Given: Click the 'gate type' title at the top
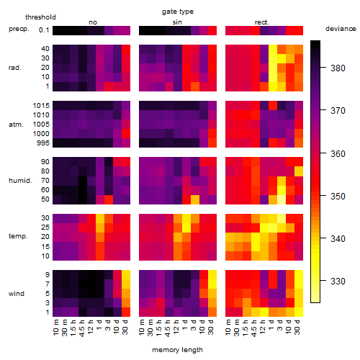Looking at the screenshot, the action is pyautogui.click(x=178, y=12).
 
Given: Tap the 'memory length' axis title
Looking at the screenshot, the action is pyautogui.click(x=177, y=350).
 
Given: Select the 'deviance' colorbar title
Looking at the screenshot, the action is pyautogui.click(x=341, y=29).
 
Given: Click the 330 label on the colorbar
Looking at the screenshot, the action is pyautogui.click(x=338, y=281).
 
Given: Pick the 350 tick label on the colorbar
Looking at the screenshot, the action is pyautogui.click(x=338, y=196).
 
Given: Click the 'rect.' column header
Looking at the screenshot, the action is pyautogui.click(x=261, y=22).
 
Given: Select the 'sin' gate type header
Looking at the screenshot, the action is pyautogui.click(x=177, y=22).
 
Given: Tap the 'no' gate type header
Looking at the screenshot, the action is pyautogui.click(x=93, y=22).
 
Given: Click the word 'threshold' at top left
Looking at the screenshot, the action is pyautogui.click(x=40, y=17).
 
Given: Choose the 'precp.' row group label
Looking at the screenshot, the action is pyautogui.click(x=19, y=29).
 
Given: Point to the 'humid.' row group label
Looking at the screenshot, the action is pyautogui.click(x=20, y=181).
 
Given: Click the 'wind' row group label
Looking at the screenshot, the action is pyautogui.click(x=17, y=294).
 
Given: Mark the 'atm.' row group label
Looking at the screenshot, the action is pyautogui.click(x=16, y=125).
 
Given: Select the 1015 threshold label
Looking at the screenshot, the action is pyautogui.click(x=41, y=105).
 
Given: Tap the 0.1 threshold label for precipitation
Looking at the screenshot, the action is pyautogui.click(x=44, y=30).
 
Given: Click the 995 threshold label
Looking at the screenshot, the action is pyautogui.click(x=43, y=143).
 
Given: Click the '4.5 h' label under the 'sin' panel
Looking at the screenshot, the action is pyautogui.click(x=167, y=328).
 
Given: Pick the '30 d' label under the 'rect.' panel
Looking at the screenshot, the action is pyautogui.click(x=297, y=327).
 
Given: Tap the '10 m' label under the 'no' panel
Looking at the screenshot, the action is pyautogui.click(x=55, y=328).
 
